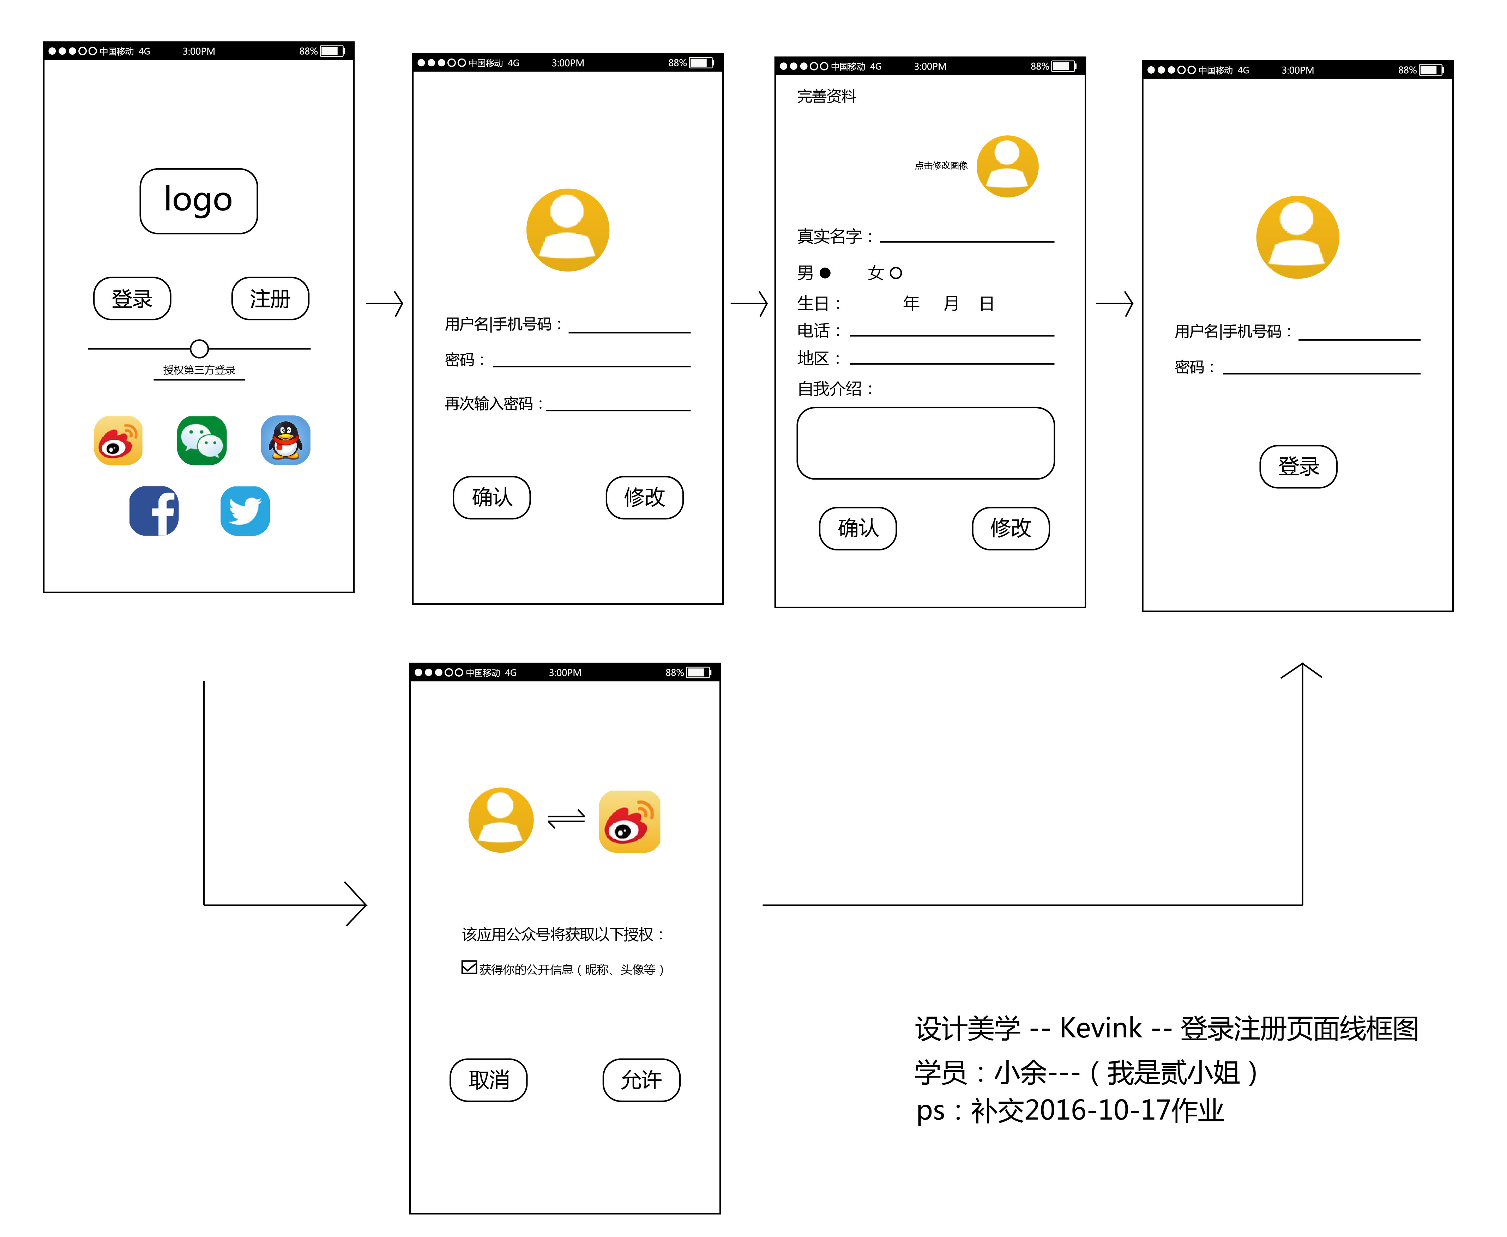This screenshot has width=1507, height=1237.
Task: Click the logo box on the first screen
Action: click(x=198, y=201)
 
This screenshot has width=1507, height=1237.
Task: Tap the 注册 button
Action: click(x=270, y=299)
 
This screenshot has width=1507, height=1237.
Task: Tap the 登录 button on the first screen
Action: click(x=132, y=299)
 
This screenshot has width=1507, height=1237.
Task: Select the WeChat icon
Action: click(x=202, y=440)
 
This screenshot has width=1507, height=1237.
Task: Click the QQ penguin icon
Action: click(x=285, y=440)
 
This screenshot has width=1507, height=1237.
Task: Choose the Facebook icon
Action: click(x=154, y=511)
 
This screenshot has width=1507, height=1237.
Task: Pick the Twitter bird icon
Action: click(x=245, y=511)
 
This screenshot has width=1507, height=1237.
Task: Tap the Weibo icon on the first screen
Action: click(x=118, y=440)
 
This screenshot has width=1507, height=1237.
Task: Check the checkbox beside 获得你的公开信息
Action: click(x=469, y=967)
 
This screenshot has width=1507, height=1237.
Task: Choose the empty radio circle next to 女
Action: click(x=896, y=273)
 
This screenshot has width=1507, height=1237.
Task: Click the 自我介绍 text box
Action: click(x=925, y=443)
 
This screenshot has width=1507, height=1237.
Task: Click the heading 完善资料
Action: click(x=826, y=96)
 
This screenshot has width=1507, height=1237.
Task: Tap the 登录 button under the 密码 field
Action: click(x=1298, y=467)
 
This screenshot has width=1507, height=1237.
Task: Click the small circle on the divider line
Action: click(x=200, y=348)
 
